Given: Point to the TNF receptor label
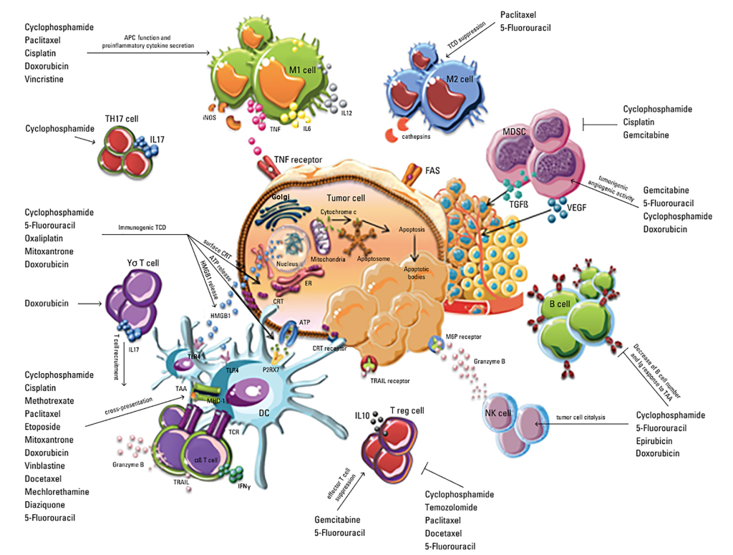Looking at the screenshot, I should [298, 160].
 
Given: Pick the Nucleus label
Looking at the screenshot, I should [286, 264].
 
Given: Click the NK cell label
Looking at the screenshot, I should [498, 413].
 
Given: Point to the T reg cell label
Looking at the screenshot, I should [407, 410].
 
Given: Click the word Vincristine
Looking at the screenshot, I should [44, 79].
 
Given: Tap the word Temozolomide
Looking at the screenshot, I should [455, 508].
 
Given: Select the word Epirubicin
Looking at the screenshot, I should [656, 441].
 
